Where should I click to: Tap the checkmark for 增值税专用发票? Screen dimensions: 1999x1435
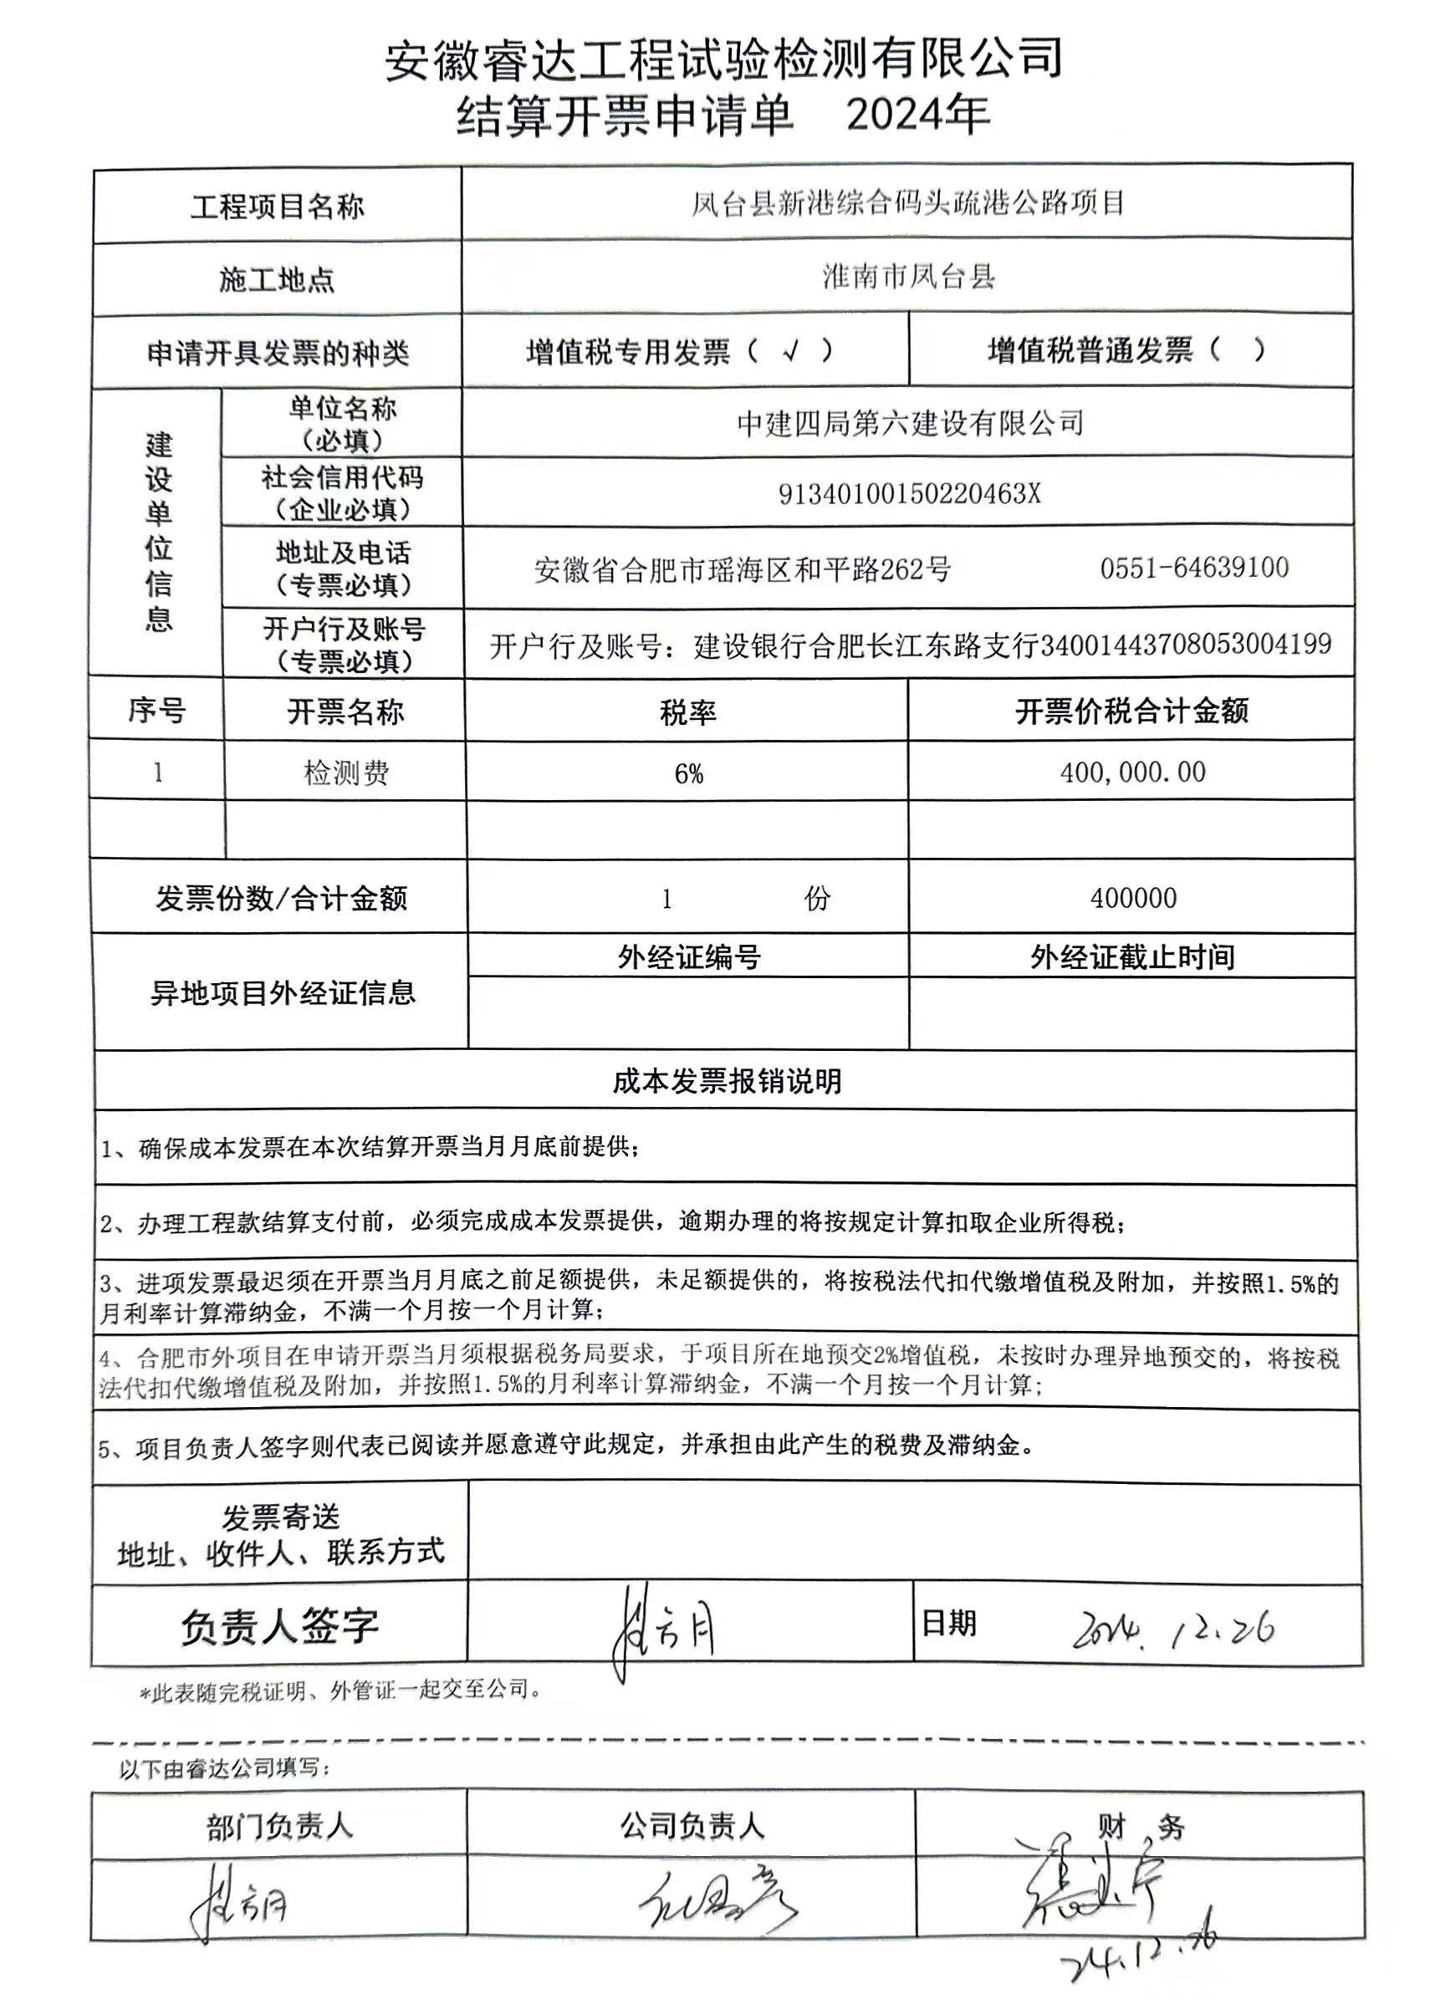(x=790, y=351)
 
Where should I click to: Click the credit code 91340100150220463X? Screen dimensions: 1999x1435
(x=909, y=494)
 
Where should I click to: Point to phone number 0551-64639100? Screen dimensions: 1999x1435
(x=1194, y=568)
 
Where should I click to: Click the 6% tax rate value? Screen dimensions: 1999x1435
(x=688, y=774)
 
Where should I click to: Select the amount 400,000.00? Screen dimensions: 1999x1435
(x=1132, y=773)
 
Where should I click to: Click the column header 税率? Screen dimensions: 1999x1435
(x=687, y=711)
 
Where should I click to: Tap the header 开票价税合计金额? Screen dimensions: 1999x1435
(x=1131, y=711)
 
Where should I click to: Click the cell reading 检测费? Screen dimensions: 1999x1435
(x=346, y=773)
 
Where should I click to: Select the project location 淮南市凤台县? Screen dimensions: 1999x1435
(x=909, y=278)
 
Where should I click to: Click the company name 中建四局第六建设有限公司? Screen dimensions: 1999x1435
(x=911, y=424)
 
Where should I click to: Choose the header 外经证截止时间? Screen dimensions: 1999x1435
(x=1132, y=957)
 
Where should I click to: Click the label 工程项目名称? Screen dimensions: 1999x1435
(x=278, y=207)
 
